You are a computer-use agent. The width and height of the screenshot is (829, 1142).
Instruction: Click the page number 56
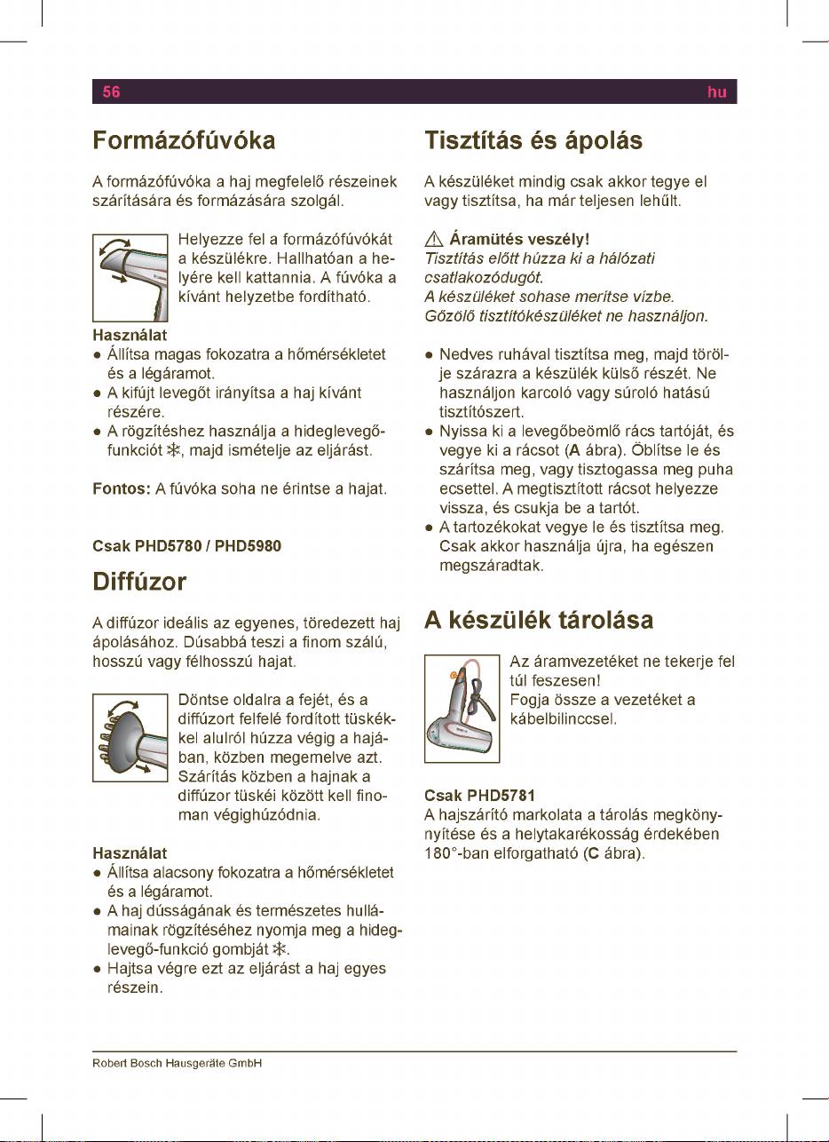(x=111, y=91)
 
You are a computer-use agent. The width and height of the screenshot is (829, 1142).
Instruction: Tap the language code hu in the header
(x=717, y=91)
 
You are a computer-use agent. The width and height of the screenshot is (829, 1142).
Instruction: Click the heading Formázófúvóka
(x=185, y=141)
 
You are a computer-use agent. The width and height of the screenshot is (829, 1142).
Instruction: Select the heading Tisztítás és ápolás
(x=545, y=141)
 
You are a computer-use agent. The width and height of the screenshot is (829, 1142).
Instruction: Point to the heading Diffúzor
(x=139, y=582)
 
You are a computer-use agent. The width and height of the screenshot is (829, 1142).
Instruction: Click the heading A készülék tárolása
(x=539, y=620)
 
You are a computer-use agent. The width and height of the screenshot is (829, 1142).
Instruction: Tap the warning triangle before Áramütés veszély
(x=433, y=240)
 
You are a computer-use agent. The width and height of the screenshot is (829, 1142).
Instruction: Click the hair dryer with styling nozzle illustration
(x=130, y=277)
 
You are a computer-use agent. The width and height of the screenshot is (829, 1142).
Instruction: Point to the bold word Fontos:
(x=122, y=489)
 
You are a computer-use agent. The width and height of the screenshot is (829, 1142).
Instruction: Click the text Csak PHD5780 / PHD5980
(x=187, y=546)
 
